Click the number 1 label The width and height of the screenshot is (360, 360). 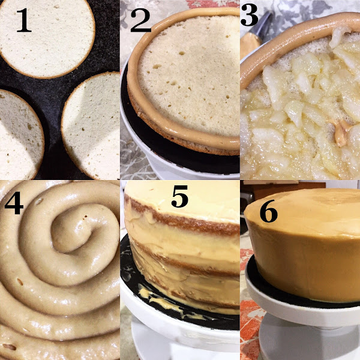[23, 20]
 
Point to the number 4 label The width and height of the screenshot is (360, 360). [14, 202]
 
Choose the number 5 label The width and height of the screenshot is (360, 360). [179, 196]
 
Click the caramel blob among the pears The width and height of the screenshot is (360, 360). [340, 133]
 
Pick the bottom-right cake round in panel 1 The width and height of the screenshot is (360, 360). [91, 126]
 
